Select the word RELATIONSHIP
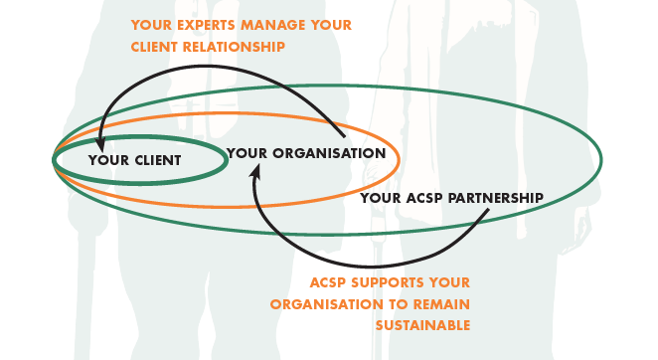(x=234, y=47)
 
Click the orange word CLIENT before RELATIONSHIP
(x=155, y=47)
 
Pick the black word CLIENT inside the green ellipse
(x=158, y=160)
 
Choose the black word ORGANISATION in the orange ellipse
(x=329, y=153)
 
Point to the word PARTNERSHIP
(x=496, y=198)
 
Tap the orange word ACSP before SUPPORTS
(x=329, y=282)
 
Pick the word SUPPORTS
(x=382, y=282)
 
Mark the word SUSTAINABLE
(x=422, y=325)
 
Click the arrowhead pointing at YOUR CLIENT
(x=100, y=145)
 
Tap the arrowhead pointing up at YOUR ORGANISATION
(x=255, y=170)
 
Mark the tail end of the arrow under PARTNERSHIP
(x=488, y=210)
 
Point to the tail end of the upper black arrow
(x=344, y=136)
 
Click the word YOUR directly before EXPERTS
(x=151, y=25)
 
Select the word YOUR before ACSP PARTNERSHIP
(x=381, y=198)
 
